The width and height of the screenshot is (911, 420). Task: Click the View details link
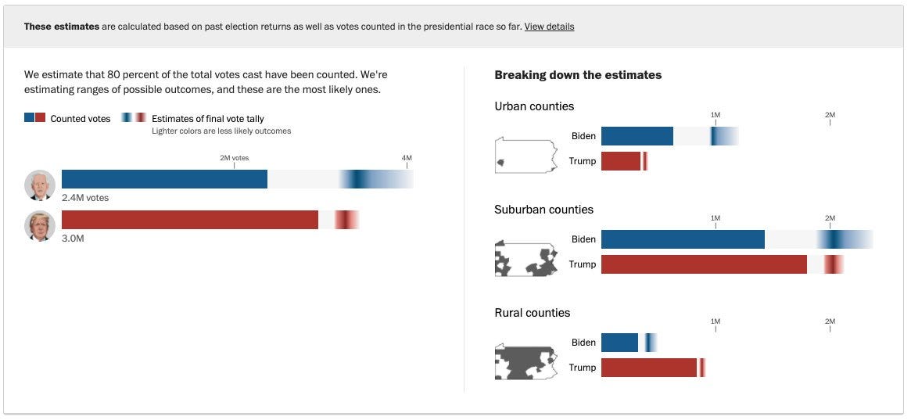coord(549,27)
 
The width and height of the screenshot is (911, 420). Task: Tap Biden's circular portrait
coord(40,185)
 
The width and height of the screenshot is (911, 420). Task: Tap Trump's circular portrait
coord(40,226)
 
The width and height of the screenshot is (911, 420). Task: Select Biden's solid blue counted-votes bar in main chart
coord(164,179)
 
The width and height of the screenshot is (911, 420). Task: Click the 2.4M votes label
coord(85,198)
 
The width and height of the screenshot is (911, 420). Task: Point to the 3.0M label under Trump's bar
coord(73,239)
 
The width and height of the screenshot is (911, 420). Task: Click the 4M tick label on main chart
coord(407,158)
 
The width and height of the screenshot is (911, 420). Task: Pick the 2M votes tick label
coord(234,158)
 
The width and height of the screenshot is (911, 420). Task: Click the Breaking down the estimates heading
coord(578,75)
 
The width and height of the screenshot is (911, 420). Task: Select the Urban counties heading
coord(534,106)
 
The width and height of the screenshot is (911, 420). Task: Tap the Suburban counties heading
coord(543,210)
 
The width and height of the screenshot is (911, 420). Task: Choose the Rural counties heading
coord(532,313)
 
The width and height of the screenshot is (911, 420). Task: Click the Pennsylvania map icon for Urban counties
coord(525,155)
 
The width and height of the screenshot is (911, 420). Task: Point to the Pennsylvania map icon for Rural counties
coord(525,361)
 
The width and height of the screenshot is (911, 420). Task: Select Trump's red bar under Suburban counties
coord(704,264)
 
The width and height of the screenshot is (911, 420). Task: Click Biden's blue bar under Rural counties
coord(619,343)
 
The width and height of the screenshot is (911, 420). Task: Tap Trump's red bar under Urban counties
coord(621,161)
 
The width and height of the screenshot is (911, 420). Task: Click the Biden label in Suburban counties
coord(583,239)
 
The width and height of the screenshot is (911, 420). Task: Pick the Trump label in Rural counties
coord(582,368)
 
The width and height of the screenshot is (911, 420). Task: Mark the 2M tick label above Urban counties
coord(830,115)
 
